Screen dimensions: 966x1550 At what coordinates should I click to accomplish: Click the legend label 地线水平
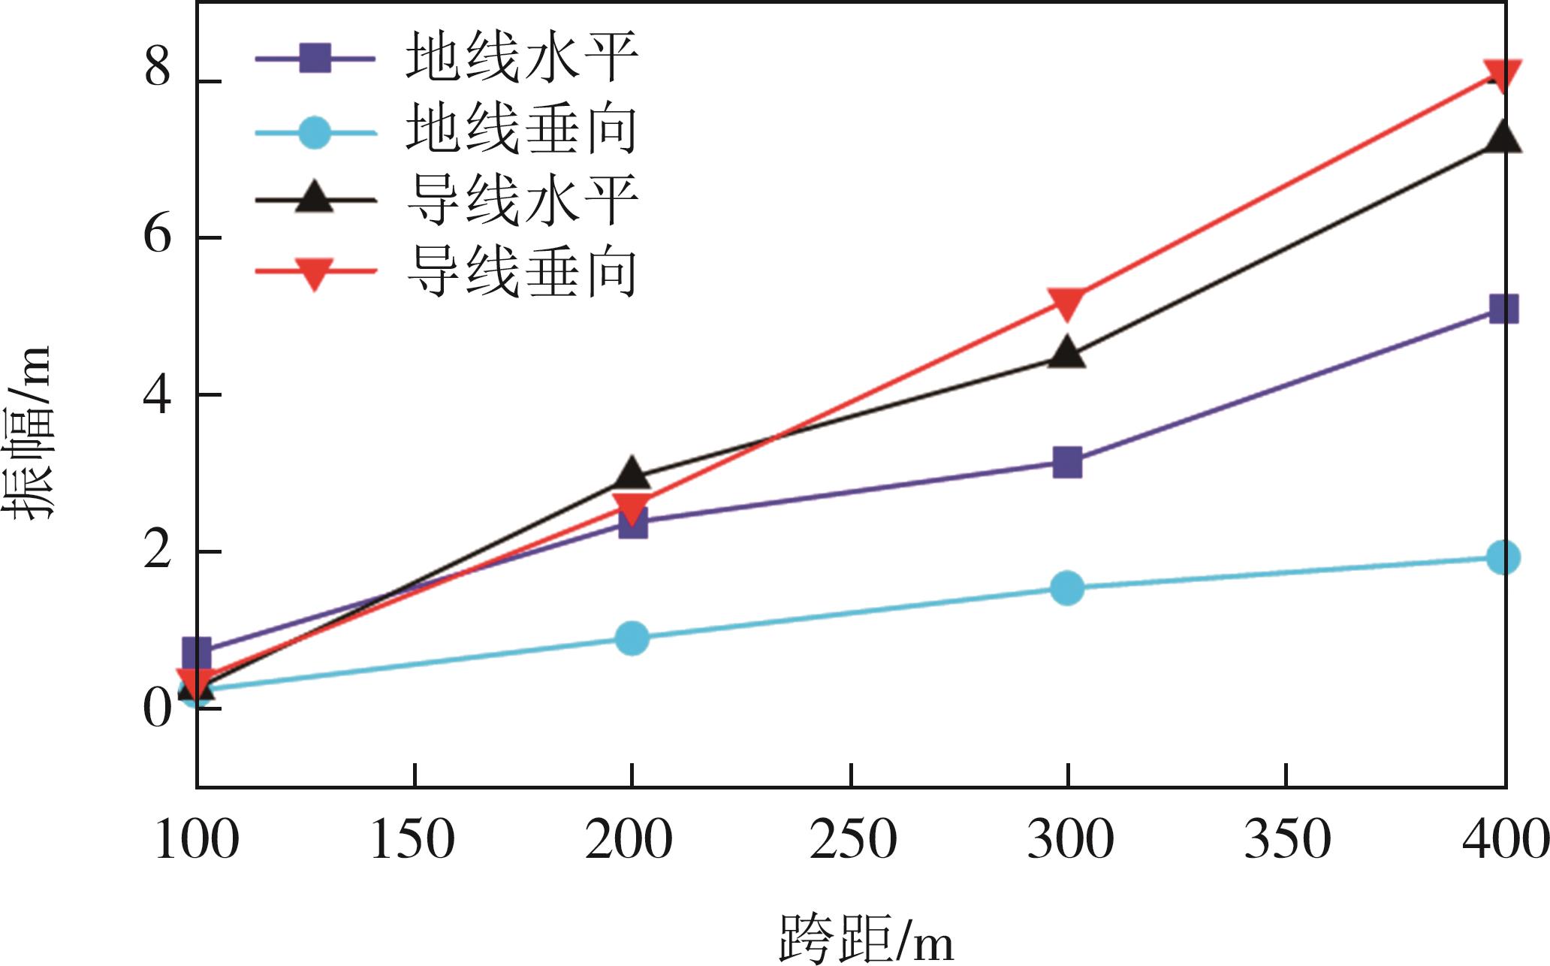[x=521, y=57]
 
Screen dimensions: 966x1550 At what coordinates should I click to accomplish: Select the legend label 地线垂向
[x=521, y=129]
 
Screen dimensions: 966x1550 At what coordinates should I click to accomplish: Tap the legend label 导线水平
[x=521, y=200]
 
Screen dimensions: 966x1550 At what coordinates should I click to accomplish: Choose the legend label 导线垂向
[x=521, y=271]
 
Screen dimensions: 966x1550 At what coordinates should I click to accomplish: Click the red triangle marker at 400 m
[x=1503, y=76]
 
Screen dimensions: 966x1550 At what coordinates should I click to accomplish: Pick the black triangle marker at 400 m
[x=1503, y=137]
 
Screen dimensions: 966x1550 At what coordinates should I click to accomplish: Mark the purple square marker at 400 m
[x=1503, y=309]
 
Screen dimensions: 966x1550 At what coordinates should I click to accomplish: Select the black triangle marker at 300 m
[x=1067, y=352]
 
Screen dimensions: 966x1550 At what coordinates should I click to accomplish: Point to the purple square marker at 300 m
[x=1067, y=463]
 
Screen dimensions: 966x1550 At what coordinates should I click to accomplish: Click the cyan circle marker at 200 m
[x=632, y=638]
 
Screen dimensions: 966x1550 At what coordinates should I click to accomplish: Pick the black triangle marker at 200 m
[x=632, y=472]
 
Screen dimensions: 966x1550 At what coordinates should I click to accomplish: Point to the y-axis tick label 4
[x=158, y=394]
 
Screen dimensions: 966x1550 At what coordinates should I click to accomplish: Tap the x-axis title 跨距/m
[x=866, y=939]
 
